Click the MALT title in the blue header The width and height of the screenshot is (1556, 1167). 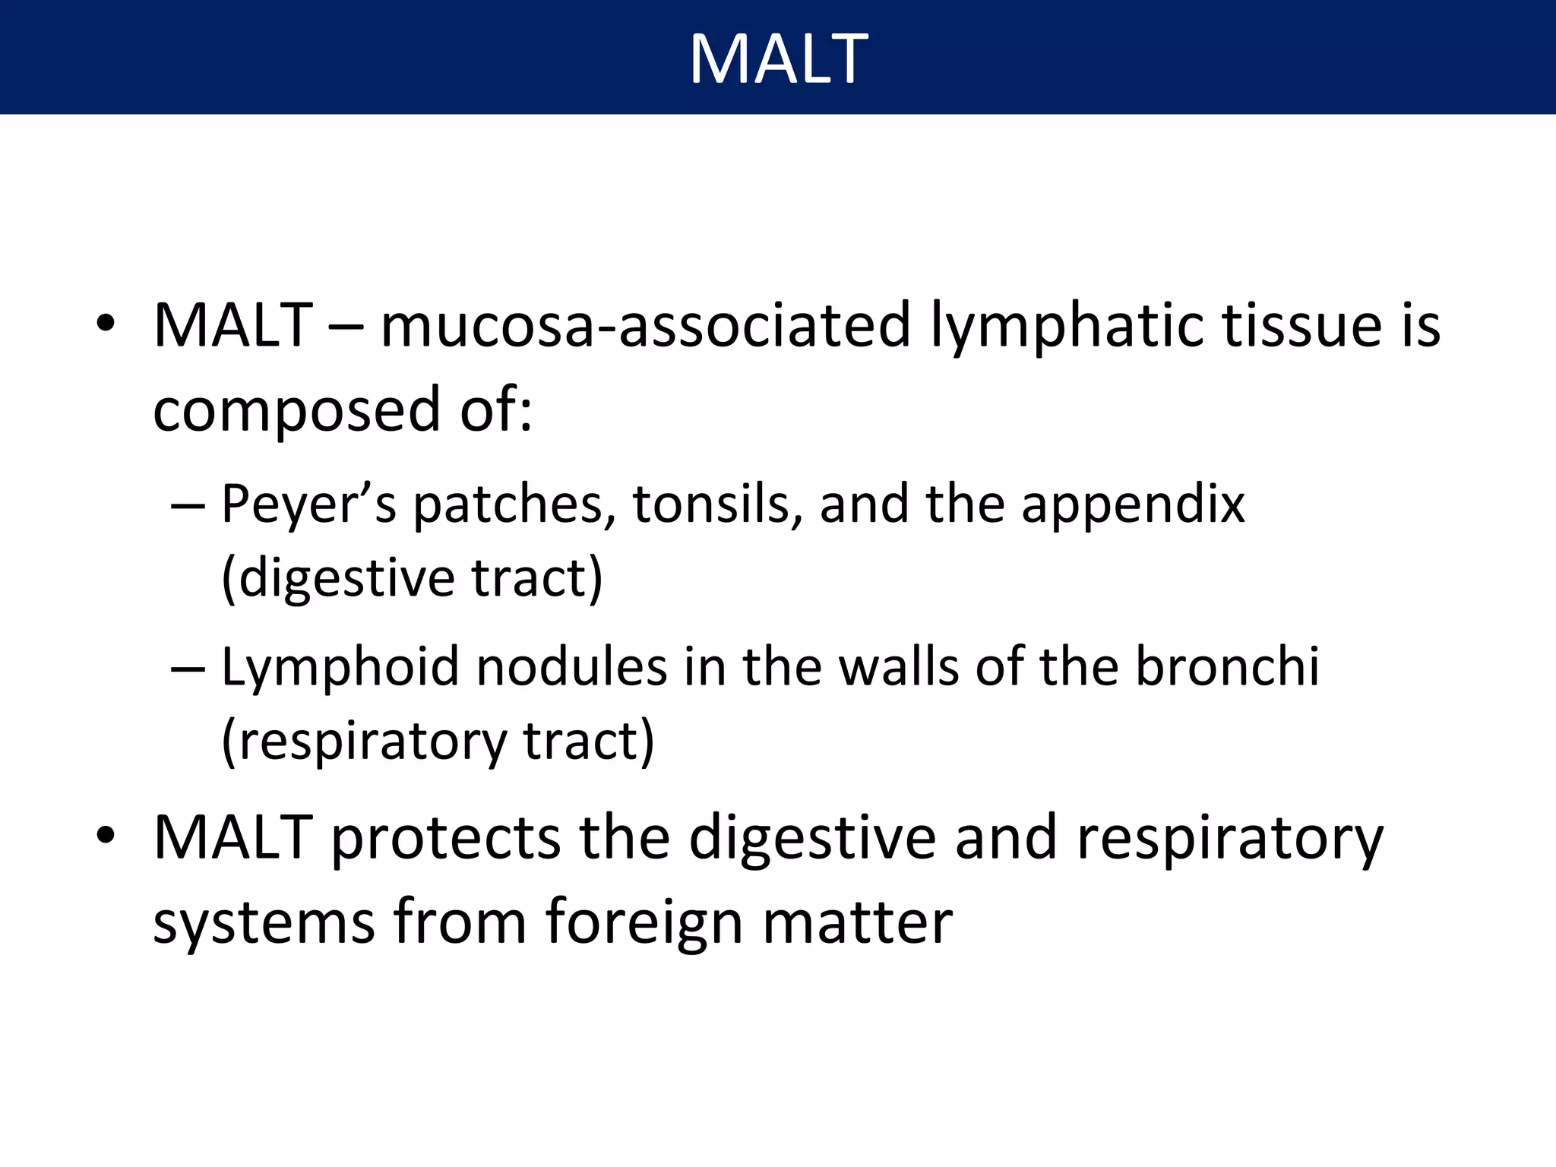778,59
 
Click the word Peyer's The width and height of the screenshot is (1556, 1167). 308,504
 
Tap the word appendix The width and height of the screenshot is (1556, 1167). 1133,504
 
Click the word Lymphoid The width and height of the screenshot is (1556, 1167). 340,667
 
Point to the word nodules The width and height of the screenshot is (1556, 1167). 571,667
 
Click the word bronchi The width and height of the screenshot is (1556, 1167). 1227,667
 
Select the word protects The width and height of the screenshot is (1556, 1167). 445,839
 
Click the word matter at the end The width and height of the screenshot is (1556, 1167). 857,922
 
